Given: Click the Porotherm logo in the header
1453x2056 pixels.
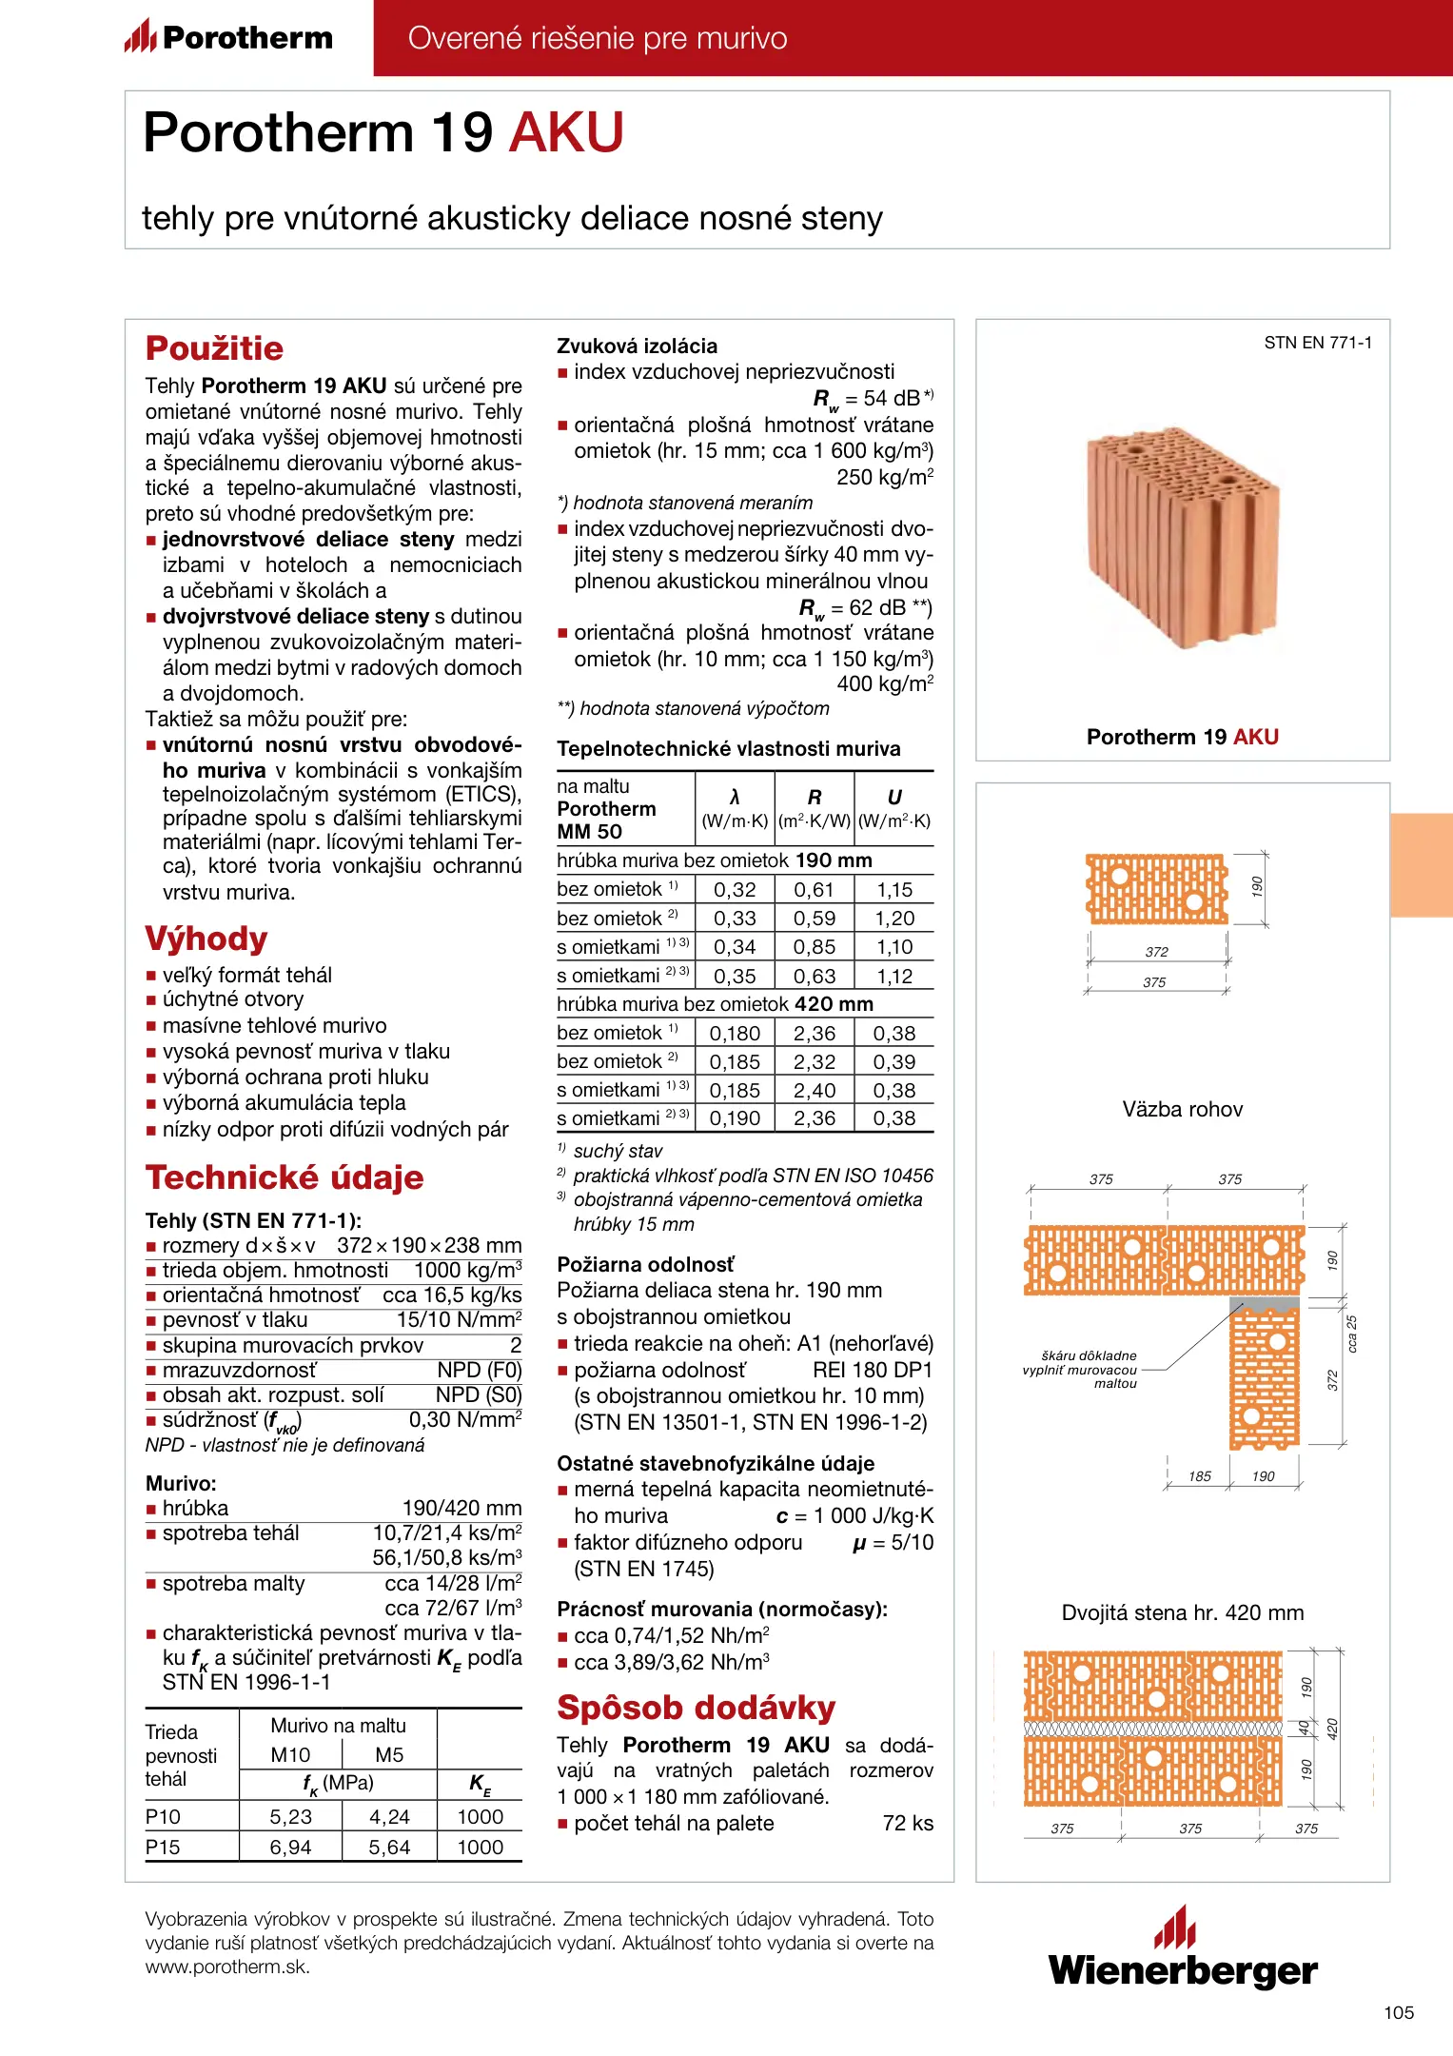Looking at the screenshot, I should point(228,37).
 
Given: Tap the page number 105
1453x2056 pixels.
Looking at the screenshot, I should point(1398,2012).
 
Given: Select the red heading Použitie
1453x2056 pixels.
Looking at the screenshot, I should point(214,348).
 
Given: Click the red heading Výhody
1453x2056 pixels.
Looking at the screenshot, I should point(206,939).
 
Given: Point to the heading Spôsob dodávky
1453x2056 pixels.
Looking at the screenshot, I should point(696,1708).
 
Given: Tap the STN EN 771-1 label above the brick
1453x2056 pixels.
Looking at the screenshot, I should point(1317,343).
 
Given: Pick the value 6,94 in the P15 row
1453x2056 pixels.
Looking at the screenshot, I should point(290,1847).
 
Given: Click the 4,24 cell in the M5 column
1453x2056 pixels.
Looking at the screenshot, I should point(389,1816).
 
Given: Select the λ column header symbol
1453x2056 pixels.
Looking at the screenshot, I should point(735,797).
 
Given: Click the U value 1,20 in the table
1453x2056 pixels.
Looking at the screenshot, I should point(894,919).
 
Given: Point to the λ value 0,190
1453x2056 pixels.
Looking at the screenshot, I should point(735,1118).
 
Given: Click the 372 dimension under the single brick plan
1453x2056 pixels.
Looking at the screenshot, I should point(1156,952).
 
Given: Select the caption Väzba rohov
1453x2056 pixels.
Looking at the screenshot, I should point(1182,1109).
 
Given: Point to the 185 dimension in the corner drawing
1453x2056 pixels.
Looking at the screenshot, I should point(1199,1476).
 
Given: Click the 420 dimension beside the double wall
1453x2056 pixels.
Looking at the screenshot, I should point(1332,1728).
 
